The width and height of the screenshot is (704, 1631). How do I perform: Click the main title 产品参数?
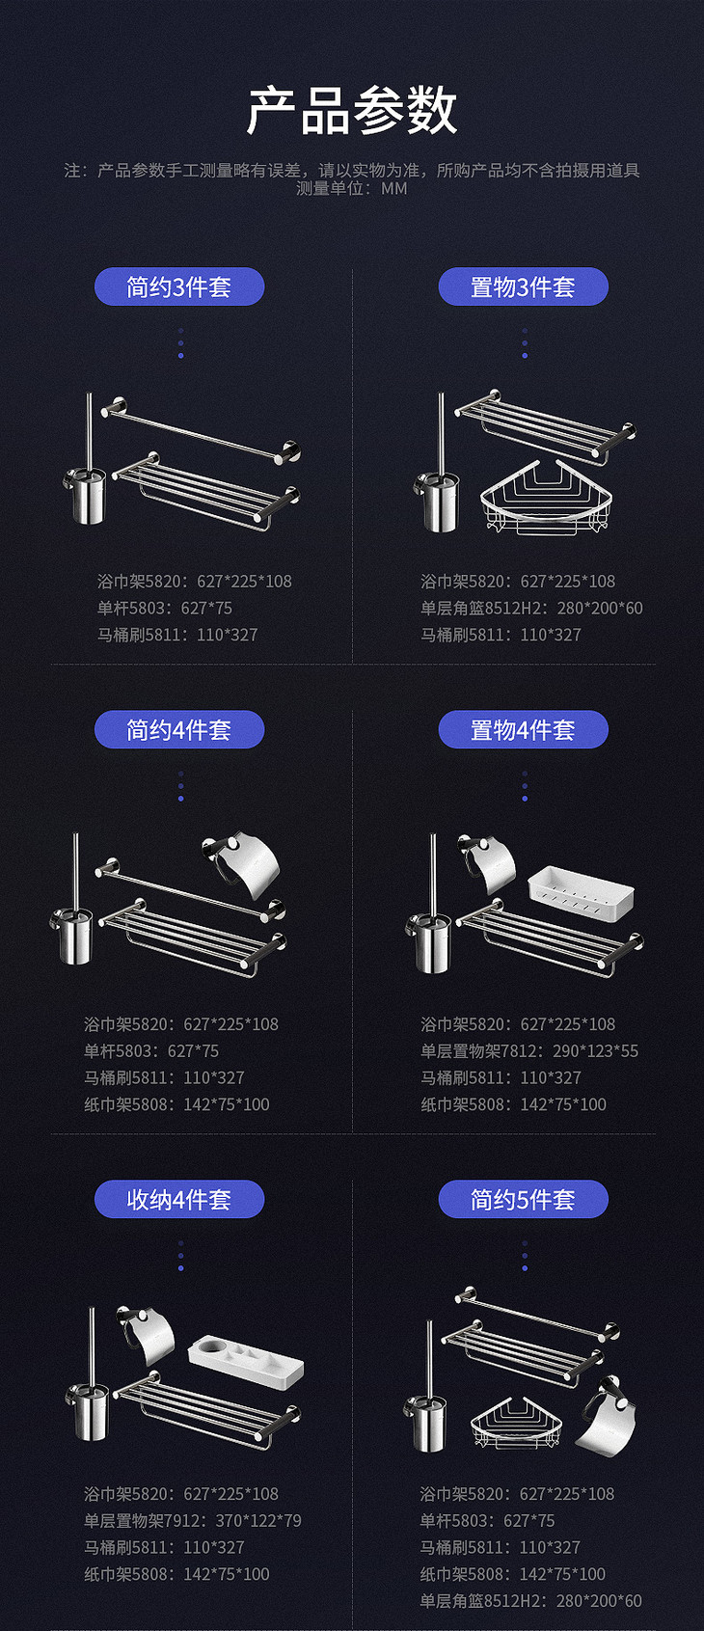coord(352,112)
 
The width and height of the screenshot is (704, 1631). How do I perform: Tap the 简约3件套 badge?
coord(179,286)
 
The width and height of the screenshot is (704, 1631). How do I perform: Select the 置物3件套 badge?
coord(523,286)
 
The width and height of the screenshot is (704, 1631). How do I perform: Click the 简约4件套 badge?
coord(179,729)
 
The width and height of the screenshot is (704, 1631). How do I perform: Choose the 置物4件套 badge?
coord(523,729)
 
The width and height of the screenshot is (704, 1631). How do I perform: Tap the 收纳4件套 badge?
coord(179,1199)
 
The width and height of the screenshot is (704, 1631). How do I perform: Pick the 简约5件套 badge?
coord(523,1199)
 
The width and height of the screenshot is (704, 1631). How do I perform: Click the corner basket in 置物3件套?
coord(546,498)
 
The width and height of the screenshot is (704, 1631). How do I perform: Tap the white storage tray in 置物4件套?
coord(581,892)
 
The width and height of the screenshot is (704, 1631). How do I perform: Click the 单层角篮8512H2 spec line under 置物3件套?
coord(531,608)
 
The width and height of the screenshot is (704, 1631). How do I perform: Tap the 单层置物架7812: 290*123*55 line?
coord(529,1050)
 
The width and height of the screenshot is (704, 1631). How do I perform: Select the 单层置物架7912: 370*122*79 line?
coord(192,1520)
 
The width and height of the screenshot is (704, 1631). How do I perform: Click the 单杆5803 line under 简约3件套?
coord(165,608)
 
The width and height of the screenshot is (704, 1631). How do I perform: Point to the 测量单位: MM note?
coord(352,189)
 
